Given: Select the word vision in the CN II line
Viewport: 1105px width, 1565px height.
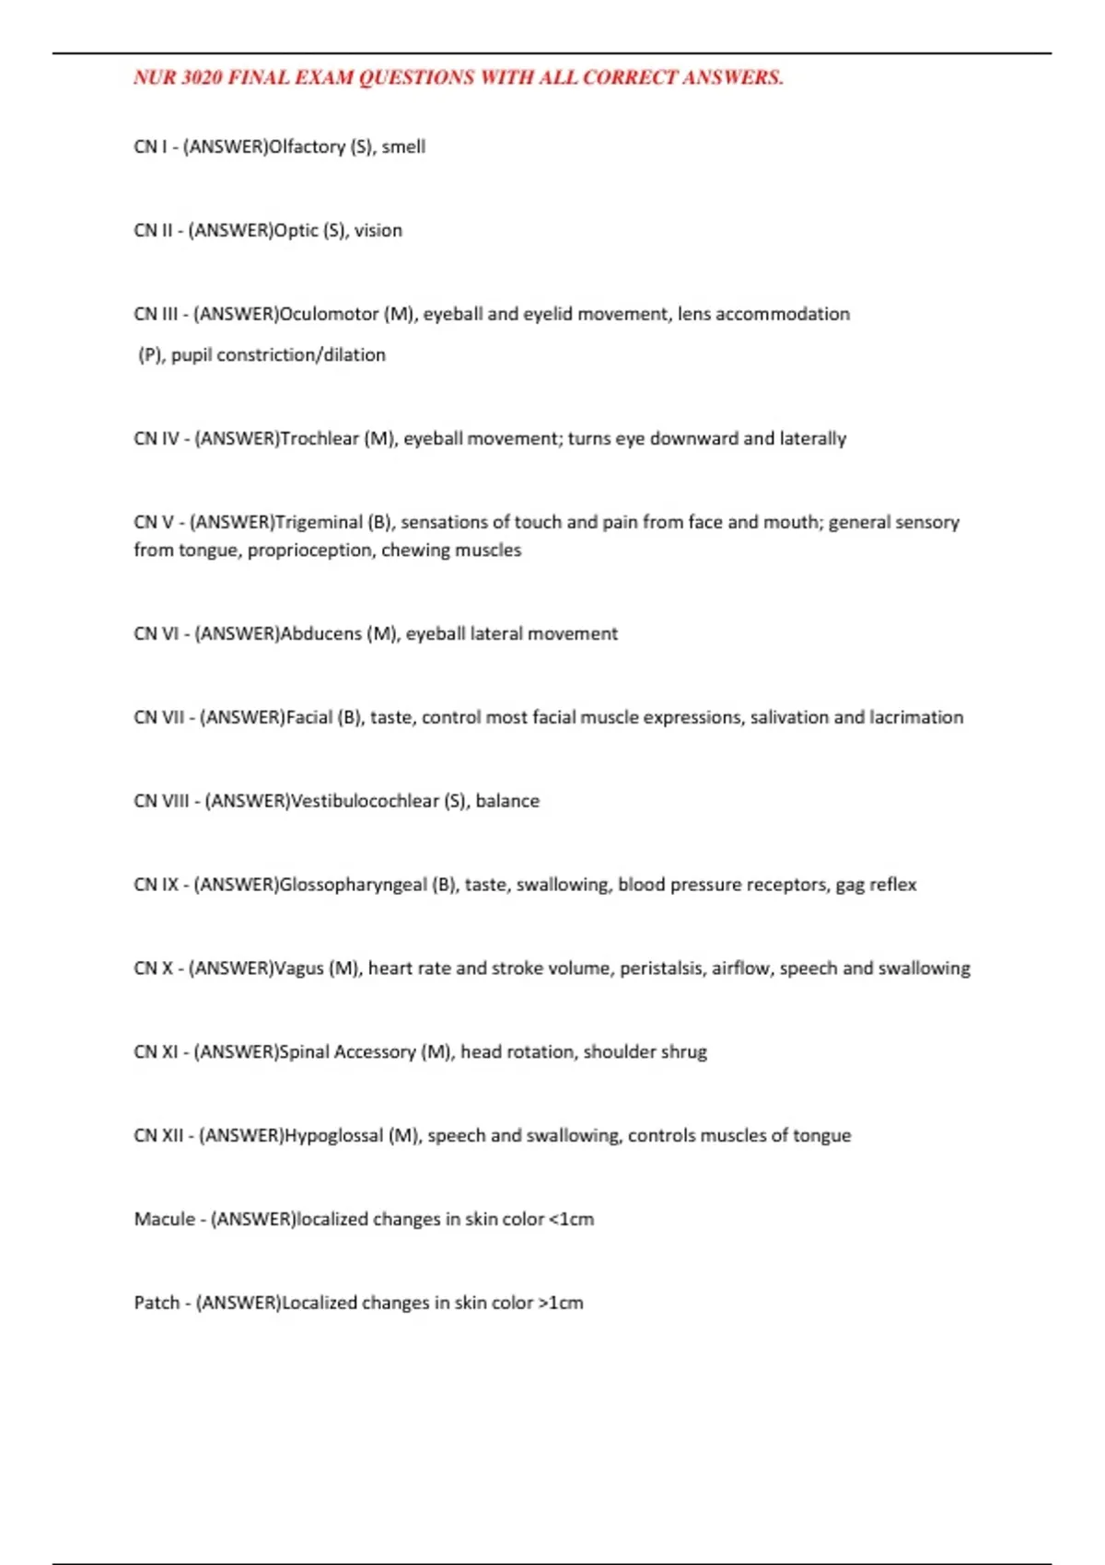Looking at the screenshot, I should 378,231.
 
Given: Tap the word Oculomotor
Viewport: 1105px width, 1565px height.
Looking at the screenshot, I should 329,315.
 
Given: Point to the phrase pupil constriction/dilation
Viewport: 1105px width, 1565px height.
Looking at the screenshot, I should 278,355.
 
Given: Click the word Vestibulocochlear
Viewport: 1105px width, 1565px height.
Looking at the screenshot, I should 365,802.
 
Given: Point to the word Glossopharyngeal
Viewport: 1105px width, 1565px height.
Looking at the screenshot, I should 353,886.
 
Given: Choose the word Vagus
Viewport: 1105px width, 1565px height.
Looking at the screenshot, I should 299,969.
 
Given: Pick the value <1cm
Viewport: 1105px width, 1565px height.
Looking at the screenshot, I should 571,1220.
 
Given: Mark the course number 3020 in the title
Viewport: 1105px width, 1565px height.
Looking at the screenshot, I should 202,78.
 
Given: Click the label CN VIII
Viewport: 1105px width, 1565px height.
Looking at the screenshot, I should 161,802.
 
